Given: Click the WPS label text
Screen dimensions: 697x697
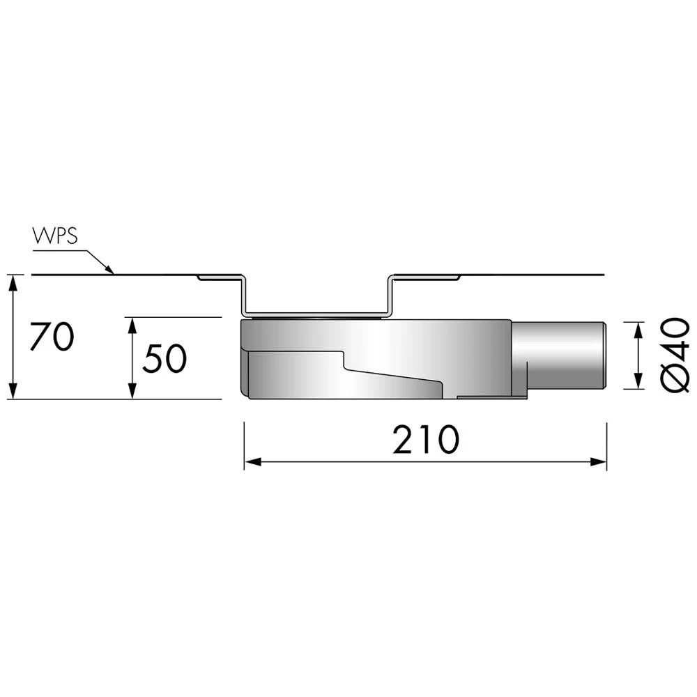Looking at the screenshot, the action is (x=55, y=236).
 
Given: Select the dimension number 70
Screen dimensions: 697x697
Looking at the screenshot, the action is (x=52, y=337).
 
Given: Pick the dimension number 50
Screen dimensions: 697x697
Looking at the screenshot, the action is (x=164, y=358).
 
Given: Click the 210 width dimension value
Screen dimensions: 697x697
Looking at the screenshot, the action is (x=425, y=440).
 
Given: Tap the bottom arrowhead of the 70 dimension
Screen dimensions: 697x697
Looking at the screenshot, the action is (x=14, y=390).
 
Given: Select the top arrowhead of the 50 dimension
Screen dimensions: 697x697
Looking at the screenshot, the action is (x=132, y=325).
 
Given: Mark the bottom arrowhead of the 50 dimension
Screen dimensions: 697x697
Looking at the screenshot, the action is (x=132, y=390).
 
